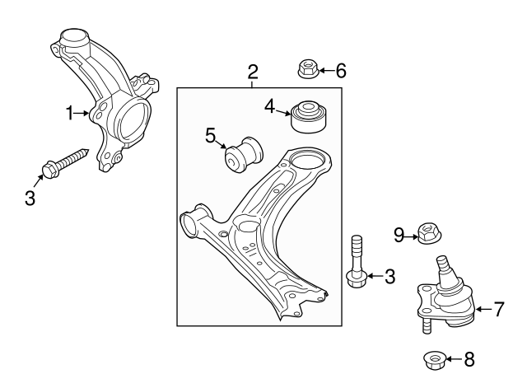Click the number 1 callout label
pyautogui.click(x=71, y=111)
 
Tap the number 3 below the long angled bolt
pyautogui.click(x=30, y=198)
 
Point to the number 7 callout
pyautogui.click(x=499, y=310)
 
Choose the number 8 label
pyautogui.click(x=469, y=359)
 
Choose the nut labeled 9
pyautogui.click(x=427, y=236)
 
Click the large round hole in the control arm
pyautogui.click(x=306, y=164)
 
